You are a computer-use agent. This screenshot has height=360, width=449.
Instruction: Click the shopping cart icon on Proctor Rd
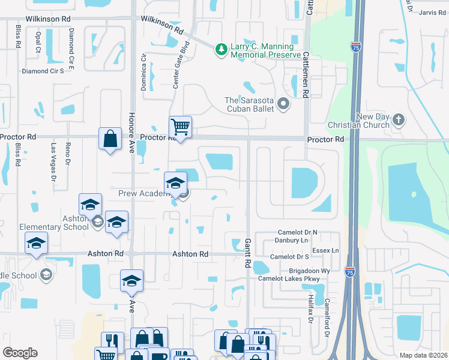(x=180, y=127)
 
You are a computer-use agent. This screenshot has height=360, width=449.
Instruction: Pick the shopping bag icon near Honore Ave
(x=111, y=139)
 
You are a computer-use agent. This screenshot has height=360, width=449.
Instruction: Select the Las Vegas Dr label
(x=53, y=162)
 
